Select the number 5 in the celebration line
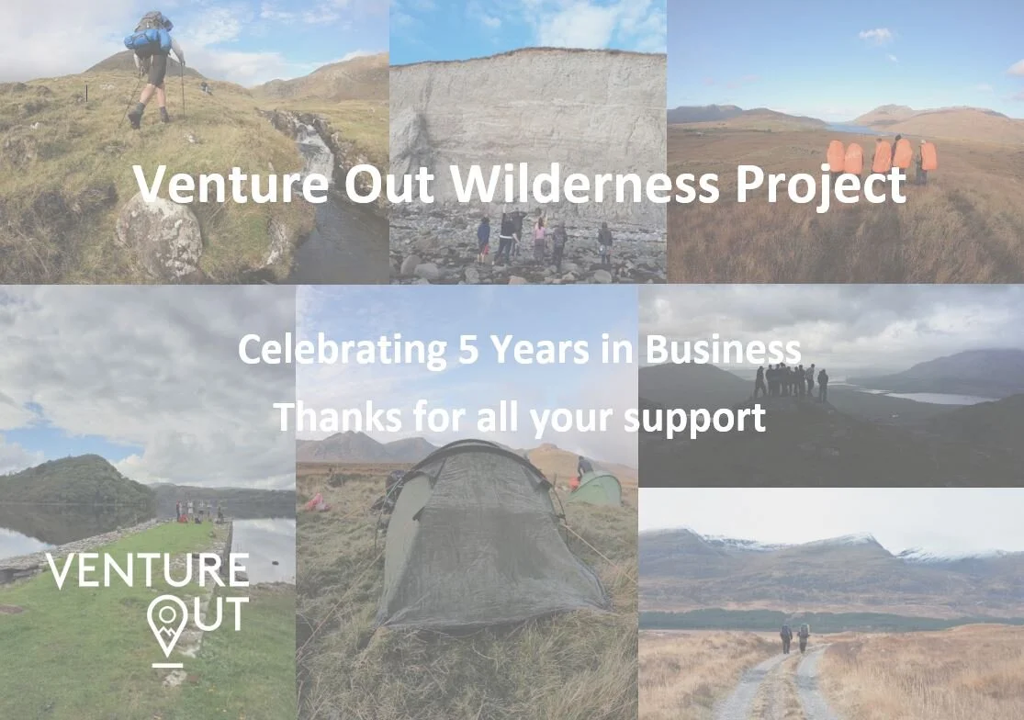[x=467, y=350]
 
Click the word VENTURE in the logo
[x=148, y=571]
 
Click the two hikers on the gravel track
[x=794, y=637]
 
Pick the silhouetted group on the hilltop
[x=790, y=380]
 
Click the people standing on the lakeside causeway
[x=198, y=511]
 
